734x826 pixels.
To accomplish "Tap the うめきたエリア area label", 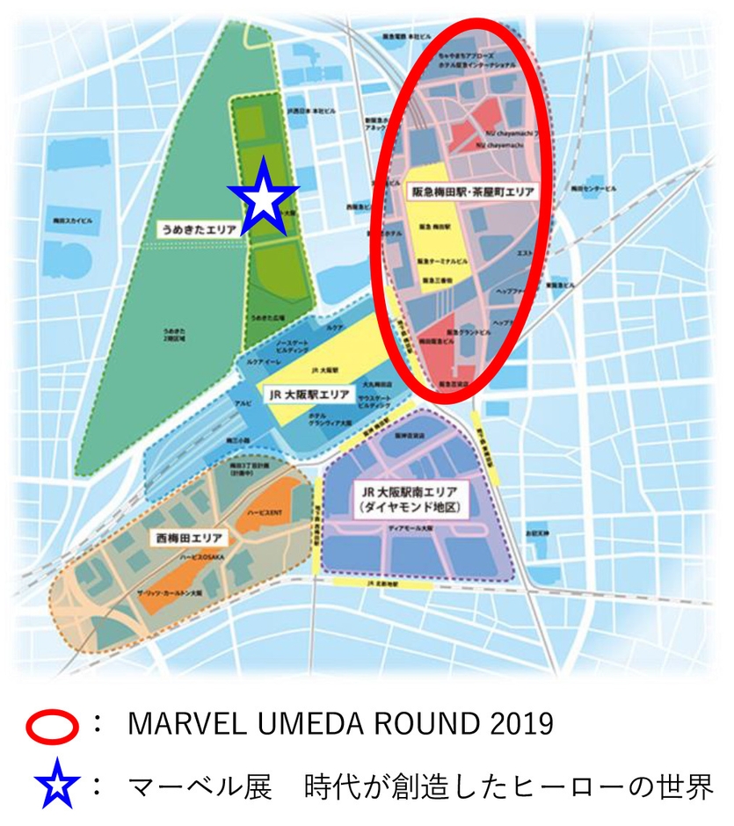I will pos(198,228).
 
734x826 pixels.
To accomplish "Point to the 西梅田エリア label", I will pos(187,536).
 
